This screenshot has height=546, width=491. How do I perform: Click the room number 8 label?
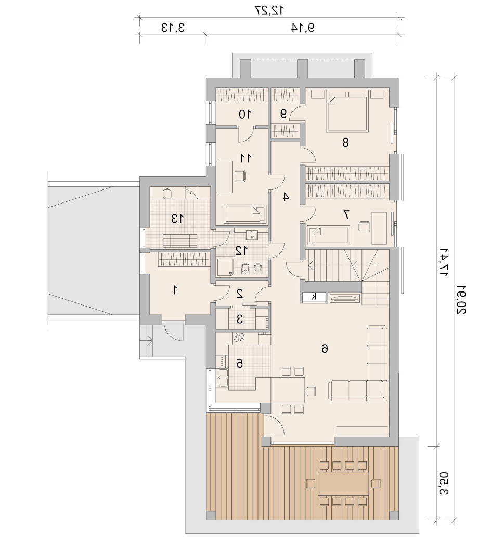pos(345,143)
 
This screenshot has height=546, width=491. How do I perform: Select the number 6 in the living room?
pos(325,348)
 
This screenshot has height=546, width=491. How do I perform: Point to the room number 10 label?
pos(245,114)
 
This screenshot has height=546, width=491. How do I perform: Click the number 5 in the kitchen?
pos(239,364)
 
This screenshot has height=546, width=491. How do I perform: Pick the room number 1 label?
pos(176,289)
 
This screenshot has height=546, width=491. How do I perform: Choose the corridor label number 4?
pos(286,197)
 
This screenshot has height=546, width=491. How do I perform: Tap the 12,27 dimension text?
pos(269,10)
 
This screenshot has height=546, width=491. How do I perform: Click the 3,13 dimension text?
pos(173,28)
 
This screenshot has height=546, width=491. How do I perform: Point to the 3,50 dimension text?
pos(444,484)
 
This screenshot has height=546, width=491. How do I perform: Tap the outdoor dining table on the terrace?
pos(343,484)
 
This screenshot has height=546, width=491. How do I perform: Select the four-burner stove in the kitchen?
pos(239,337)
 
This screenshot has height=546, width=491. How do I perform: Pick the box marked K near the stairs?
pos(314,297)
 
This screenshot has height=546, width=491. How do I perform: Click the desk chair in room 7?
pos(364,227)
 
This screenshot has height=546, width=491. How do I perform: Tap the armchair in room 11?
pos(241,175)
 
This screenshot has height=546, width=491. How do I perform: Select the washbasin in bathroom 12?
pos(251,235)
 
